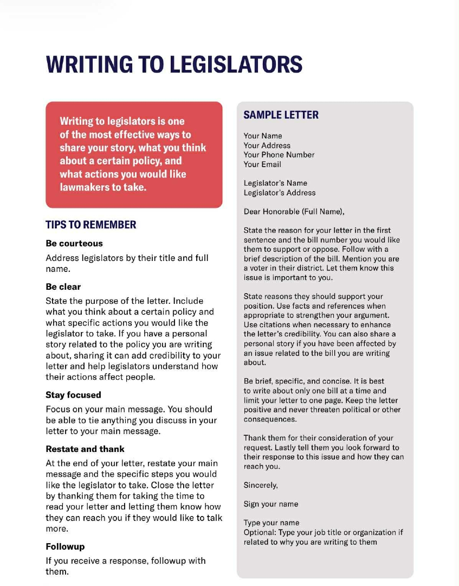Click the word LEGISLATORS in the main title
236,64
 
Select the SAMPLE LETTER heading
281,115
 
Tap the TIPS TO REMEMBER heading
91,225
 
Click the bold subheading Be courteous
74,244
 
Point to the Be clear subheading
63,286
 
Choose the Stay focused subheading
73,395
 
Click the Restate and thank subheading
85,449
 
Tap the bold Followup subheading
65,546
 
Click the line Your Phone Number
279,155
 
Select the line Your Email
262,164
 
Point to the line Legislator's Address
280,193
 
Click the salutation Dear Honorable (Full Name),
294,212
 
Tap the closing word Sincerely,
261,485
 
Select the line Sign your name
271,504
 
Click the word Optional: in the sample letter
260,532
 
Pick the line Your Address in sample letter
267,145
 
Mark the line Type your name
271,523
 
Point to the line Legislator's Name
275,183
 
